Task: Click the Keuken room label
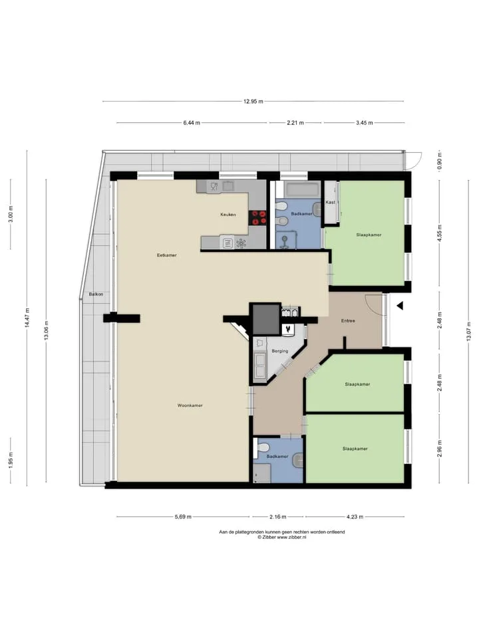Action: (x=228, y=215)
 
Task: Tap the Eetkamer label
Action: (x=167, y=255)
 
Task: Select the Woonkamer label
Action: (x=190, y=405)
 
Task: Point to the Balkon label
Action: (x=96, y=294)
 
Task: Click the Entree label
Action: (x=348, y=320)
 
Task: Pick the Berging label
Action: (x=280, y=351)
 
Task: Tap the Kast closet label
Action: (x=331, y=202)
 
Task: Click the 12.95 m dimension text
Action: (x=253, y=101)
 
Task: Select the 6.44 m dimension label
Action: (x=192, y=122)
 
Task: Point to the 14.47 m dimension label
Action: (x=27, y=318)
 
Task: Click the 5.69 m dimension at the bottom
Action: (x=184, y=517)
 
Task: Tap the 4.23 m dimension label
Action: (x=355, y=517)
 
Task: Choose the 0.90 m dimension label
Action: (x=440, y=161)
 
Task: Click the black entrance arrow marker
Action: (x=400, y=305)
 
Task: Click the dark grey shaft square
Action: (x=266, y=320)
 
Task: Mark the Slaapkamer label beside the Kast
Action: (x=369, y=235)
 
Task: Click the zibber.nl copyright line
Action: (x=282, y=537)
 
